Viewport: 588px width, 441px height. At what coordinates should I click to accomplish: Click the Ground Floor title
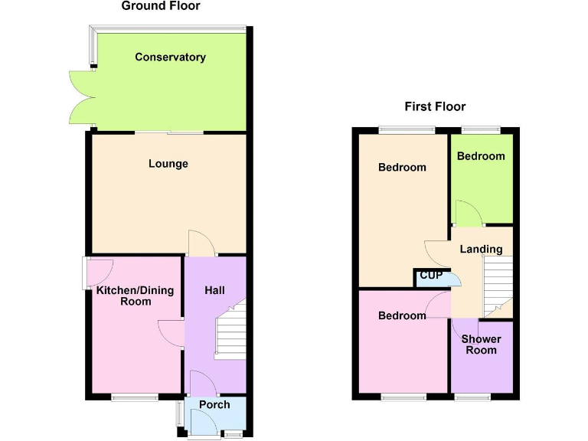(x=161, y=6)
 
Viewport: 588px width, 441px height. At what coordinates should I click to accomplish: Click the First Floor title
(x=435, y=106)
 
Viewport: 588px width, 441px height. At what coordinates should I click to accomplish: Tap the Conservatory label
(x=170, y=57)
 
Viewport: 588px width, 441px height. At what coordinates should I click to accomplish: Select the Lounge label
(x=168, y=164)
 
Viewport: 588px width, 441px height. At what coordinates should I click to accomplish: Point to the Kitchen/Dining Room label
(x=135, y=296)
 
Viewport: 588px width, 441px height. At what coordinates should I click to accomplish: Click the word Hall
(x=214, y=291)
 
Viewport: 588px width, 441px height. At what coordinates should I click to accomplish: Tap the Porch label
(x=214, y=404)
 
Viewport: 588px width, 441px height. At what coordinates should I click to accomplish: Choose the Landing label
(x=481, y=249)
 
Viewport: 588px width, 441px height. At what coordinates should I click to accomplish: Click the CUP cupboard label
(x=431, y=276)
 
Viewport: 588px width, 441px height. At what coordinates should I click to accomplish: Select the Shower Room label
(x=481, y=345)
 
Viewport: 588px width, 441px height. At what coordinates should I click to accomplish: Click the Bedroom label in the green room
(x=481, y=156)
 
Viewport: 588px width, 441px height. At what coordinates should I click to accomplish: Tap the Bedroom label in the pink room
(x=402, y=315)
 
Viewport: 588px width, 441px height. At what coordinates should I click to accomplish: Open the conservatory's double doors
(x=81, y=97)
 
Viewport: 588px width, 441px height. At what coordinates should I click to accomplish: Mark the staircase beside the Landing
(x=498, y=286)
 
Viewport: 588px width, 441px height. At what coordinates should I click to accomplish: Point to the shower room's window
(x=472, y=397)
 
